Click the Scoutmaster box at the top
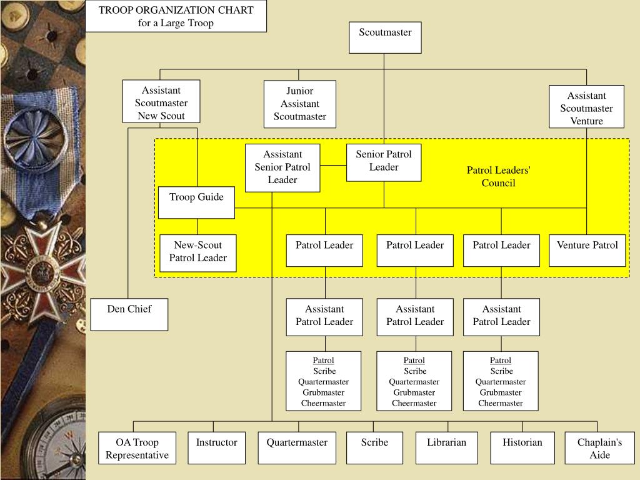(x=385, y=37)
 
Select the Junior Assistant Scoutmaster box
(x=299, y=104)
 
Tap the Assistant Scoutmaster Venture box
(x=586, y=107)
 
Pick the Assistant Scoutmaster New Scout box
(x=161, y=101)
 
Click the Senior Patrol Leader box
(x=384, y=162)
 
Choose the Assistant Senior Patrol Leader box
(x=282, y=167)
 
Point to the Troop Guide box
(x=196, y=202)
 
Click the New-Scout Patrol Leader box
(x=198, y=252)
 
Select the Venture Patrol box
(x=587, y=250)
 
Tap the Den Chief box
(x=129, y=314)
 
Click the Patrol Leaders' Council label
(x=499, y=176)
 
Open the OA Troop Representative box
(x=137, y=448)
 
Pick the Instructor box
(x=217, y=447)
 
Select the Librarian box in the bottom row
(x=447, y=447)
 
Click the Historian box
(x=522, y=447)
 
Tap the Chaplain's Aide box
(x=599, y=448)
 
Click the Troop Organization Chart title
(x=176, y=16)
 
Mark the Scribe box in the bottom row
(x=374, y=447)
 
